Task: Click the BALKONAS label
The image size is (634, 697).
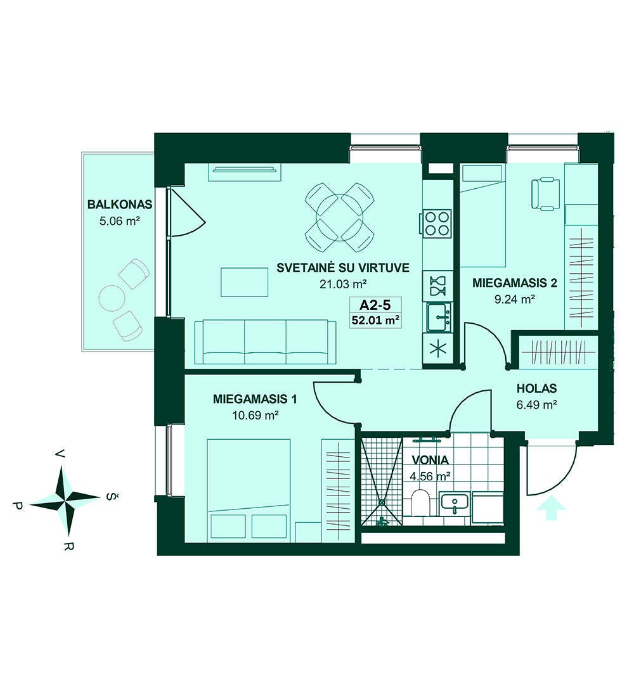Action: pos(120,205)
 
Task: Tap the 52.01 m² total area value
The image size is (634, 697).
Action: pos(375,319)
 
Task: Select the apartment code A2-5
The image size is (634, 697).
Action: pos(375,305)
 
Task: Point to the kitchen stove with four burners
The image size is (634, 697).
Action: pos(436,224)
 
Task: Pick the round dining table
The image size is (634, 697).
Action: pos(339,218)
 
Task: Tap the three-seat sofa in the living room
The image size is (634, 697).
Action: pos(265,342)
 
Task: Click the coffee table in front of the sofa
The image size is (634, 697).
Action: pos(245,282)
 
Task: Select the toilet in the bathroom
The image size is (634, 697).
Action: pos(420,504)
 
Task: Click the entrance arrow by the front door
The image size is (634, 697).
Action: pos(551,508)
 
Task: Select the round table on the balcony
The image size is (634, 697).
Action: pos(111,297)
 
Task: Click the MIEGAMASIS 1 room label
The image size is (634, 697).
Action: pos(255,399)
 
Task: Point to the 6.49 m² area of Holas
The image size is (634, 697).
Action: pos(537,405)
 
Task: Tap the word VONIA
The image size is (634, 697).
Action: pos(430,460)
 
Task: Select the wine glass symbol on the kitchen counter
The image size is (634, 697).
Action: pos(437,285)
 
